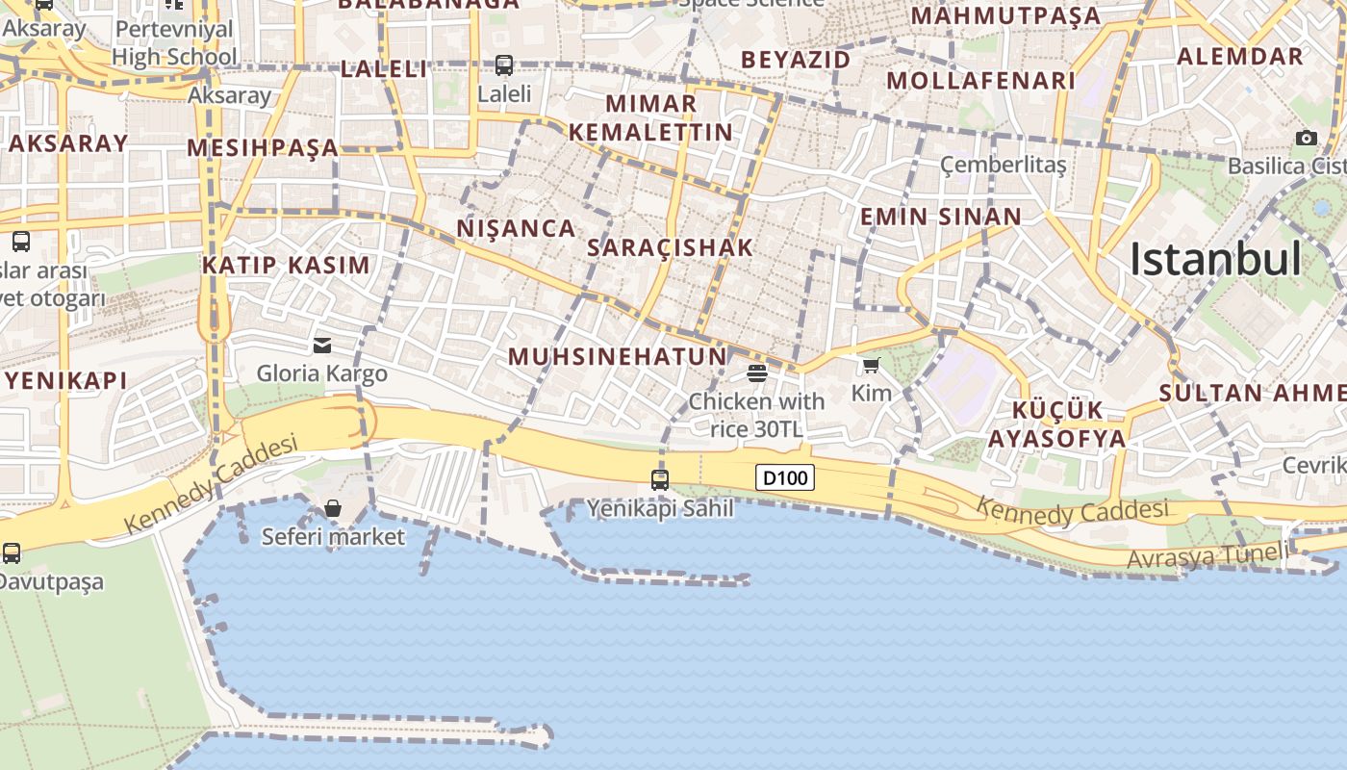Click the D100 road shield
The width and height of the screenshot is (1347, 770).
(x=785, y=477)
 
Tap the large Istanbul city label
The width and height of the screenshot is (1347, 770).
(x=1215, y=260)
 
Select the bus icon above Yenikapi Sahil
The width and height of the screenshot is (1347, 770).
(x=660, y=479)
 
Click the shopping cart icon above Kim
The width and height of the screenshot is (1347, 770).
(x=872, y=365)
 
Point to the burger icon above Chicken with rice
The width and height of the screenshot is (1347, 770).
(x=757, y=372)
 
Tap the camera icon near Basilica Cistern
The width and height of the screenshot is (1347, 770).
(x=1306, y=138)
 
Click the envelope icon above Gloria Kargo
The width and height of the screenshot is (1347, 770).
(x=322, y=345)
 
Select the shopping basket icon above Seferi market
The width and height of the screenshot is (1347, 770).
(x=333, y=507)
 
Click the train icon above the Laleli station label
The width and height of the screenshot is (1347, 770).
(x=504, y=65)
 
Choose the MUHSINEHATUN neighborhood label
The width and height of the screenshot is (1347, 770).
(x=618, y=356)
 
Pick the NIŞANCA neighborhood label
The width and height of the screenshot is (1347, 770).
(x=516, y=228)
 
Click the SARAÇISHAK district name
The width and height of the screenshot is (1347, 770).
(x=670, y=247)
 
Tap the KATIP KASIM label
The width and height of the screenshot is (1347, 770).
(x=286, y=265)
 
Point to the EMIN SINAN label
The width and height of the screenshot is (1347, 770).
(x=940, y=217)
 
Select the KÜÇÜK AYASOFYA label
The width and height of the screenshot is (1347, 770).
(x=1056, y=424)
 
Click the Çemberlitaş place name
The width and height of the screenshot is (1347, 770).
(x=1004, y=165)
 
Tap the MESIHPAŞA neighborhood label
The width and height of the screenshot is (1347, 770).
(x=263, y=147)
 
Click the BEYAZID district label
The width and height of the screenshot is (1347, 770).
(x=796, y=60)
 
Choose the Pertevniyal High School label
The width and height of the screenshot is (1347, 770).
(x=174, y=42)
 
